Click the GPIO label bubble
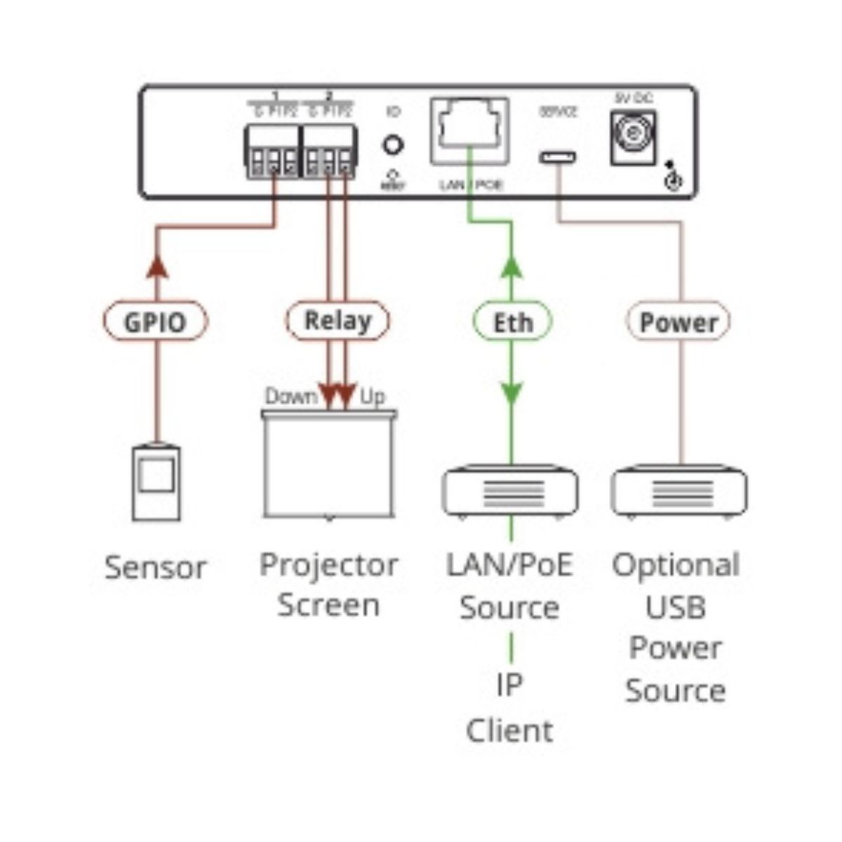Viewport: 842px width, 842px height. [x=155, y=322]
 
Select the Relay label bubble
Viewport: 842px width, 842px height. [x=338, y=321]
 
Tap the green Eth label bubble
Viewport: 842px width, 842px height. [x=512, y=322]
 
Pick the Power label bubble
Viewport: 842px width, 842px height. [x=678, y=322]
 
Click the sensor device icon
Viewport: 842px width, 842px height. [x=156, y=483]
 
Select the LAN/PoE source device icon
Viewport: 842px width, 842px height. [x=510, y=491]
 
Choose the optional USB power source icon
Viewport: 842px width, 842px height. [x=679, y=491]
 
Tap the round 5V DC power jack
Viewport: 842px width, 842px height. [x=633, y=137]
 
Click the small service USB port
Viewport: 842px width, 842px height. [x=558, y=156]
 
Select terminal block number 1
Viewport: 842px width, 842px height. [x=272, y=150]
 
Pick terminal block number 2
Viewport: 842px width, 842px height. [x=328, y=150]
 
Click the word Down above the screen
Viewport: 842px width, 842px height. [x=290, y=397]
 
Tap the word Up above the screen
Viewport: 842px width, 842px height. [x=373, y=397]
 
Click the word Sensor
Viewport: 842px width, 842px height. [x=156, y=567]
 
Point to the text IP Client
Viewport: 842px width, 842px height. [x=509, y=707]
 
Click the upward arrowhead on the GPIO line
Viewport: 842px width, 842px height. [x=157, y=265]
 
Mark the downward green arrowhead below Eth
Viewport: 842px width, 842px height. [x=512, y=394]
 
